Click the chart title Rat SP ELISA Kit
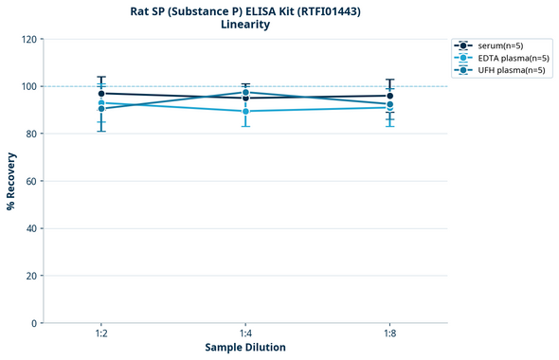click(x=245, y=10)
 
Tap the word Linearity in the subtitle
click(x=245, y=25)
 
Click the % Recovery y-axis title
click(x=10, y=180)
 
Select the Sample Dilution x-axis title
click(x=245, y=347)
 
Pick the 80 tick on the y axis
click(x=30, y=134)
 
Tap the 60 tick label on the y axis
click(x=30, y=181)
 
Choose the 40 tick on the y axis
click(x=30, y=228)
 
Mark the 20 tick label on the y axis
click(x=30, y=276)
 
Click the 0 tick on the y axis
click(x=33, y=323)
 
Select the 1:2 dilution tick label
click(x=101, y=333)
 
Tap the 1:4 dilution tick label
click(x=245, y=333)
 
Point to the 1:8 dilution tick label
click(x=389, y=333)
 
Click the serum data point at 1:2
click(x=101, y=94)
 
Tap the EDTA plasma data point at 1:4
click(x=245, y=111)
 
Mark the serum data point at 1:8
click(x=389, y=96)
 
